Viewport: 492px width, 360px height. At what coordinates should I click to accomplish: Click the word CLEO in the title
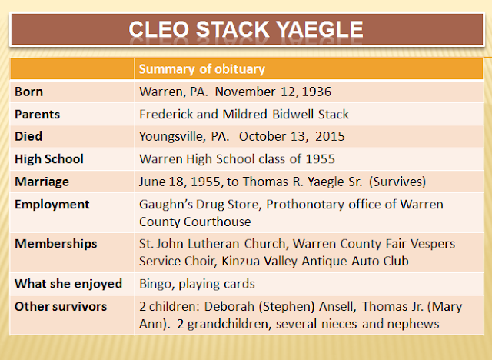click(x=159, y=29)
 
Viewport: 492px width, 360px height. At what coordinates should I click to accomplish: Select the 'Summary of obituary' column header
click(x=202, y=69)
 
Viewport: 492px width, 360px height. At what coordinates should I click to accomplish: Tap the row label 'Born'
click(x=29, y=92)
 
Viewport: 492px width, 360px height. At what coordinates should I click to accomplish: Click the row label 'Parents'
click(x=38, y=115)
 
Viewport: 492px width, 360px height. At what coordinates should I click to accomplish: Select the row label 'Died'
click(x=28, y=136)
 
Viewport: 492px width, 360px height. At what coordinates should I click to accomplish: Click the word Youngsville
click(x=172, y=137)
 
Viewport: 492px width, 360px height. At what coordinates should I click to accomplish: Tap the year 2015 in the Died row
click(x=330, y=136)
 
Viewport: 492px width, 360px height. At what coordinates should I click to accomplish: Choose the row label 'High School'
click(x=49, y=158)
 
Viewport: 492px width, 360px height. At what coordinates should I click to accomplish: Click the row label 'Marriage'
click(x=42, y=182)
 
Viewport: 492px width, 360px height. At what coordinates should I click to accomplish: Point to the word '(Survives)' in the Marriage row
click(x=397, y=182)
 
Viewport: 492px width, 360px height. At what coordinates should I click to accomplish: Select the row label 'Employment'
click(x=52, y=205)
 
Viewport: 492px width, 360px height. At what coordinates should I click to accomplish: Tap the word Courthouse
click(x=218, y=222)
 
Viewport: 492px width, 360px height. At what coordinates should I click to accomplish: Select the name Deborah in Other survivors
click(x=229, y=306)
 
